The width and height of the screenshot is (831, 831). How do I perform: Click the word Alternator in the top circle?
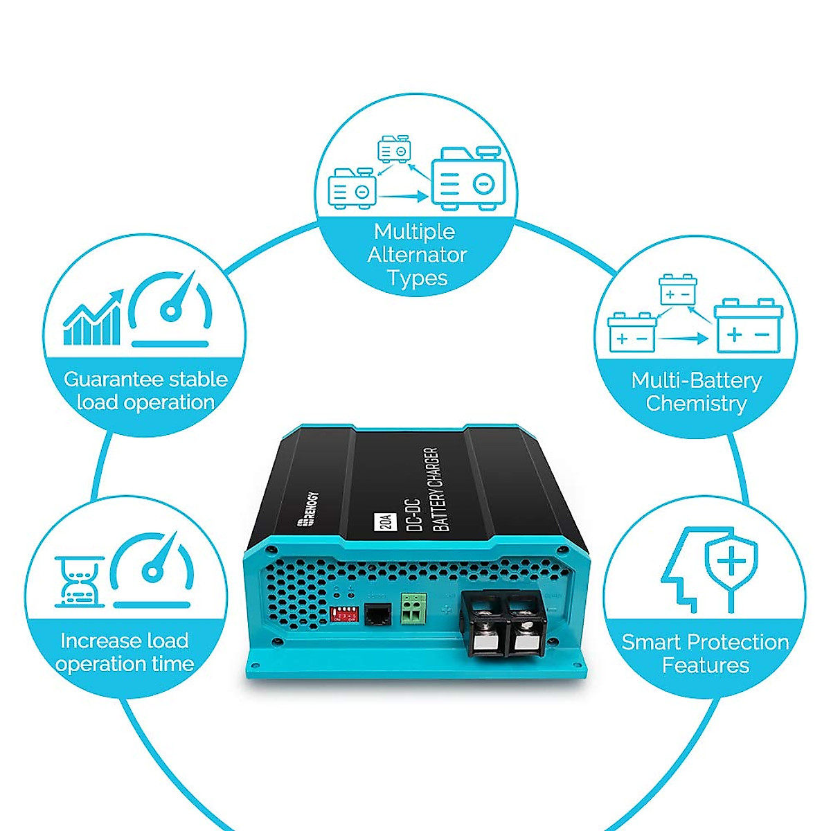click(x=417, y=255)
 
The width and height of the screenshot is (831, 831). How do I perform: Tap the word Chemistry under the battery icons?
click(x=696, y=403)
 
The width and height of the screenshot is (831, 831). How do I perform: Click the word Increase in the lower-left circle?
click(x=95, y=641)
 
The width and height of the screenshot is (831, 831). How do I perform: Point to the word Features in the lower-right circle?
click(x=705, y=665)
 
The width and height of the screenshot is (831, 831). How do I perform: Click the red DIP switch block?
click(x=344, y=614)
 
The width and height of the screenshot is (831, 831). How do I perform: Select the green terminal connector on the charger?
click(x=412, y=607)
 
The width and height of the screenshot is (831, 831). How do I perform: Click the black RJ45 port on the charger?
click(x=377, y=614)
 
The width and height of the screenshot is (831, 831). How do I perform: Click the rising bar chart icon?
click(x=93, y=319)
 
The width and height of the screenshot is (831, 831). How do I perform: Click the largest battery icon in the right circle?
click(x=749, y=327)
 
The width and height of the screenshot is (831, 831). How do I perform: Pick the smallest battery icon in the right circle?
click(x=677, y=289)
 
